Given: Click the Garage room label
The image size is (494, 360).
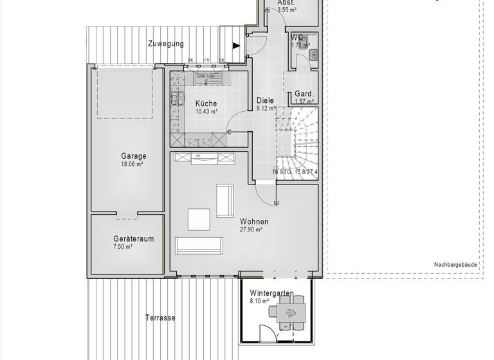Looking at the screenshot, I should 133,156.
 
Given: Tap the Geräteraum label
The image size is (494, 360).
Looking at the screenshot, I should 133,239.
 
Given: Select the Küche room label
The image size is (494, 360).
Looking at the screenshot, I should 206,104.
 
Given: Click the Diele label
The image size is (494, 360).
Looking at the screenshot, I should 265,100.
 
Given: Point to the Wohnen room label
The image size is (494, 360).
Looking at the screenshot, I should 254,222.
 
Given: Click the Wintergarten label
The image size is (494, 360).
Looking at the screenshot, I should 272,293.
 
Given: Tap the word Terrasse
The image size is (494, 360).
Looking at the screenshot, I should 160,318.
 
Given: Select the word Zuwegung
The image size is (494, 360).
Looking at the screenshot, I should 165,44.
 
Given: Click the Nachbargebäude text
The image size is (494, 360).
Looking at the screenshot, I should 456,264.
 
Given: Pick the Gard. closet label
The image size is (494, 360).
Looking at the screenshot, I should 304,94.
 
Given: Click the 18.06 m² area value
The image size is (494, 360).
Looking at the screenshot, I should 133,164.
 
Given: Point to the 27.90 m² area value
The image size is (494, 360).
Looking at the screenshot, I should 252,230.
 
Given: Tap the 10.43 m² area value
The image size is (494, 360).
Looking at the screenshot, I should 206,111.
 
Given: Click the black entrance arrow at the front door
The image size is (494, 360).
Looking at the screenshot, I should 236,46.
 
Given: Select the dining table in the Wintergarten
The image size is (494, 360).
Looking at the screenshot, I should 288,314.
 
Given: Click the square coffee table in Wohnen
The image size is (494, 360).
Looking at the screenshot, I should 199,219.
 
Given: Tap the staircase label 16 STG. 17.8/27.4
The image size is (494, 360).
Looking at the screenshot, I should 295,172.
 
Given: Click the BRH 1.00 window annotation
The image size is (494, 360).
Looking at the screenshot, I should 206,76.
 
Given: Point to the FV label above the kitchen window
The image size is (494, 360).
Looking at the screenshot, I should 206,61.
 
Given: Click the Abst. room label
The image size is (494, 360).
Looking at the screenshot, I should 286,3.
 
